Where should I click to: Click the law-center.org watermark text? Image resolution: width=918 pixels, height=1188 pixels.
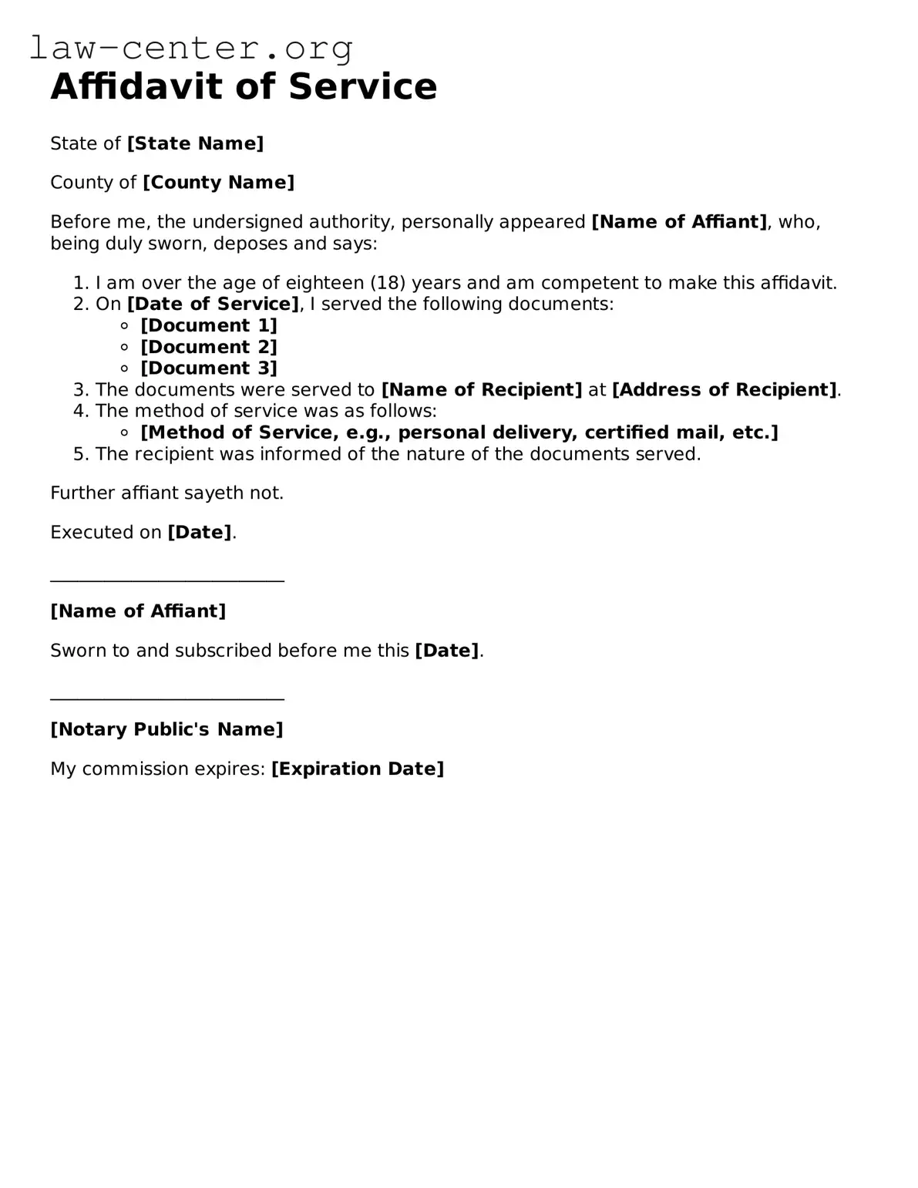191,49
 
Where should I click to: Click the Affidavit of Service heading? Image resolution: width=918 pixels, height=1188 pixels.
244,86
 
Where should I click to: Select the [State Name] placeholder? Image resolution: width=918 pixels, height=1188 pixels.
196,143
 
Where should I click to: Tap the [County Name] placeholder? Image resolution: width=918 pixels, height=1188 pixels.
219,183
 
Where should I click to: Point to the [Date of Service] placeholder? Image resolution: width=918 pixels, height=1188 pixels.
214,304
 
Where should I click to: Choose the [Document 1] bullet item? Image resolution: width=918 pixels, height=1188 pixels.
209,325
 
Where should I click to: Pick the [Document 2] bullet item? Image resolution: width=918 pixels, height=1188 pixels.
209,347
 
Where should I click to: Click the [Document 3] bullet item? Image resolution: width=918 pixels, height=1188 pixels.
209,368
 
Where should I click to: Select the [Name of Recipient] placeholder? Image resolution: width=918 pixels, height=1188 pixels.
482,389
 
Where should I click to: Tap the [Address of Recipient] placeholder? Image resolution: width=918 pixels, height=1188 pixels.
724,389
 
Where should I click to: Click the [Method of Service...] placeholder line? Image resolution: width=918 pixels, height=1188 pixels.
459,432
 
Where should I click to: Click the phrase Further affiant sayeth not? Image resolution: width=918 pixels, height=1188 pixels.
167,493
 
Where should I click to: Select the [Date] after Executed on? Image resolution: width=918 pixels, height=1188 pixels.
200,532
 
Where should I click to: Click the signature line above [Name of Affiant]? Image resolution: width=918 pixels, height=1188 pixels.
167,581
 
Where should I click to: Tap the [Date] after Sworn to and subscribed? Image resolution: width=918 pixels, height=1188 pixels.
447,651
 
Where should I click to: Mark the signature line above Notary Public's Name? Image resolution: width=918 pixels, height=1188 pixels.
167,698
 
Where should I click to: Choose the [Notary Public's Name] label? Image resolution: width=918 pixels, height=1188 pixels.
167,729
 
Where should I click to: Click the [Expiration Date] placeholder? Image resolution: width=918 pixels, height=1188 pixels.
358,769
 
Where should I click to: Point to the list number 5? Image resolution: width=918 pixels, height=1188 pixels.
80,454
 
